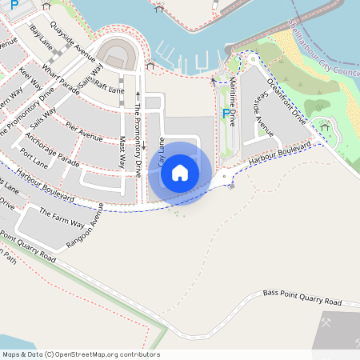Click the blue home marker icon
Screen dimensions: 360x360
(180, 171)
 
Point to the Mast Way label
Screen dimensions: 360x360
(122, 151)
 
